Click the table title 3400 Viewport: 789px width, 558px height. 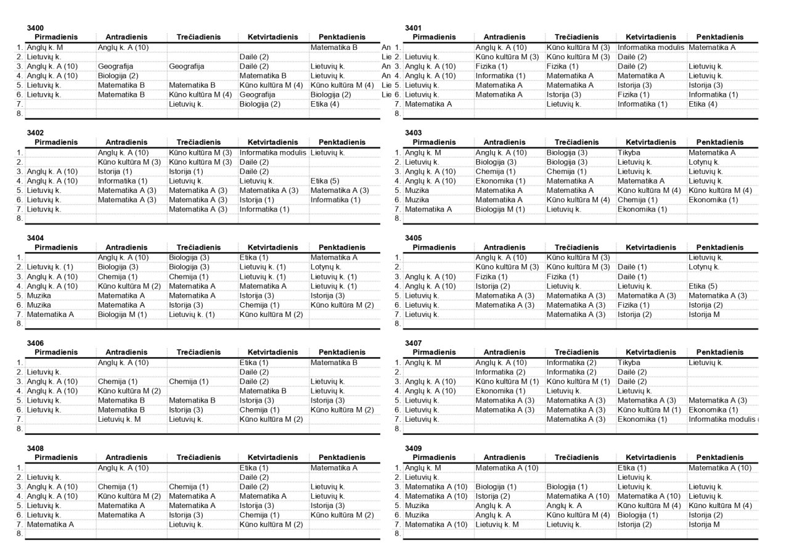35,28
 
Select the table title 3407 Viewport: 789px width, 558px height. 413,343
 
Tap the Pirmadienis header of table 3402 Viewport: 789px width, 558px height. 56,142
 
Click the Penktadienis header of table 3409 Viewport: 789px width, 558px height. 719,457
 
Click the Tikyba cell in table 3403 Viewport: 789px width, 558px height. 629,152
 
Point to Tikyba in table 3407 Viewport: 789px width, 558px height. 629,363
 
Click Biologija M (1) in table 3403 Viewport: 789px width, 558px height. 500,209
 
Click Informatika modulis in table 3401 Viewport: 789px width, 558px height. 650,47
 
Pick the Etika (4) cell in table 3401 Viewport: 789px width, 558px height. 703,104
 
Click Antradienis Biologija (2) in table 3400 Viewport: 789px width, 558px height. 118,75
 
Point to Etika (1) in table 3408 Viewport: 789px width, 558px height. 253,467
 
